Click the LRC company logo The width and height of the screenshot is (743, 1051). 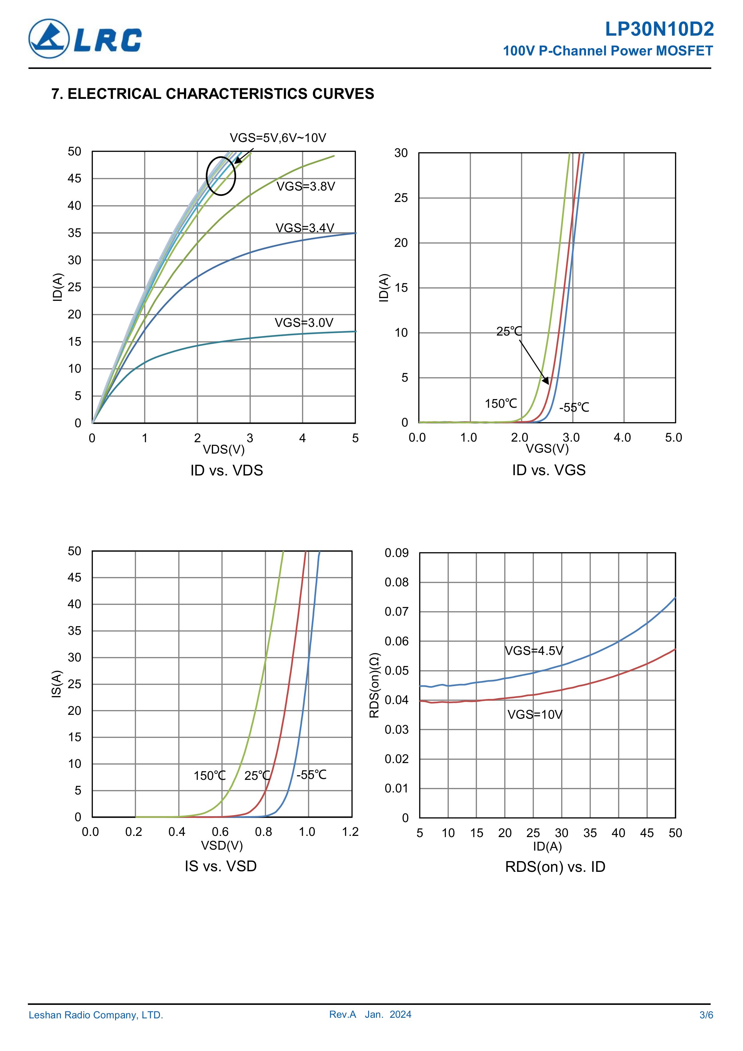pos(85,39)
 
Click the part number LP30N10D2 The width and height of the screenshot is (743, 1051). pos(659,29)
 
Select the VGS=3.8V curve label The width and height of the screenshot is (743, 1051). pos(305,186)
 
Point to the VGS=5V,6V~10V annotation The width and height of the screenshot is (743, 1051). pos(277,138)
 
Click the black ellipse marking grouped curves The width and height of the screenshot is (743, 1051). pos(221,176)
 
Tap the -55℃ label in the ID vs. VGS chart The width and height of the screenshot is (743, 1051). pos(574,407)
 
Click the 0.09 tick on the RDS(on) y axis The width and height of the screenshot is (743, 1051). pos(396,553)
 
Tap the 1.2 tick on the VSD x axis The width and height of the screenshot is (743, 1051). pos(350,832)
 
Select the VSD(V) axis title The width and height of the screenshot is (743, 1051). pos(222,845)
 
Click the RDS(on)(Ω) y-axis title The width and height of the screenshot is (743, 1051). pos(374,685)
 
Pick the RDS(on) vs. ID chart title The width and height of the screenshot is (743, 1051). pos(555,866)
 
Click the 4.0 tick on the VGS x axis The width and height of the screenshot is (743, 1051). pos(622,438)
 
